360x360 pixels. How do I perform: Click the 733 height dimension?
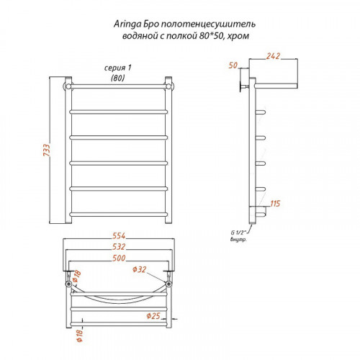coord(47,150)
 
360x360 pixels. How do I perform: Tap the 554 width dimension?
coord(119,236)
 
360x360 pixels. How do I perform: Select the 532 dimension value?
coord(119,247)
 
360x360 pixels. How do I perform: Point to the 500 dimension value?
coord(119,258)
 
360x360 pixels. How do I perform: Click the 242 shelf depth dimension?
coord(273,56)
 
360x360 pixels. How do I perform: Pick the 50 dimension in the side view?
coord(233,66)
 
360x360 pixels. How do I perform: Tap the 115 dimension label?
coord(275,204)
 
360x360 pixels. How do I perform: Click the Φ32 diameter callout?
coord(139,269)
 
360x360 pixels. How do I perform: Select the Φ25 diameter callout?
coord(153,316)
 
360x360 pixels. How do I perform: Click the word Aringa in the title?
coord(127,24)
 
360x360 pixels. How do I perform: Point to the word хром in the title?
coord(238,36)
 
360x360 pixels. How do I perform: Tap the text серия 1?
coord(117,68)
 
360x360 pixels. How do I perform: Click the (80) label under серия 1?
coord(117,78)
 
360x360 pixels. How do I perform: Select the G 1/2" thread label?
coord(238,233)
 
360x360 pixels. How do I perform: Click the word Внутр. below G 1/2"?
coord(238,239)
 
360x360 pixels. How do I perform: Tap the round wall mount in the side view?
coord(240,86)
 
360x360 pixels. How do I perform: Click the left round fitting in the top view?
coord(69,284)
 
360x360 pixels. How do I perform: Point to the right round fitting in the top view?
coord(169,284)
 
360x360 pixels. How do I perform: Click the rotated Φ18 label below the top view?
coord(79,336)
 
